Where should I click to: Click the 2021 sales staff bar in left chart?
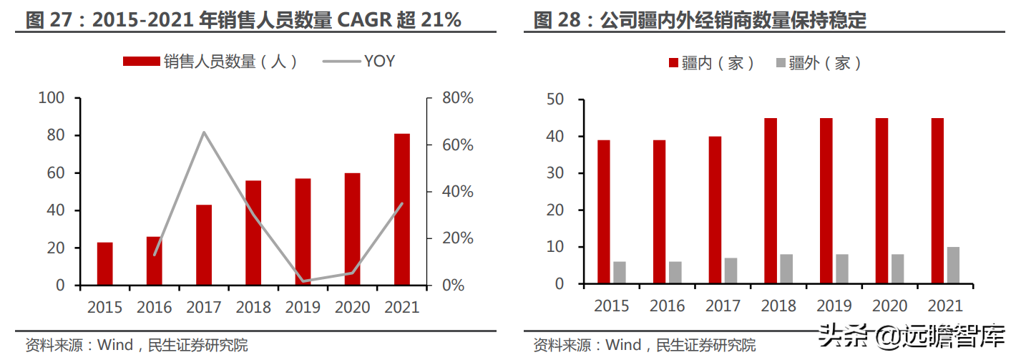click(402, 209)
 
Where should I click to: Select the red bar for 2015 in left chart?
click(105, 263)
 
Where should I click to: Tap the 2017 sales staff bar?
click(204, 245)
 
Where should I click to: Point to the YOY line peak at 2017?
click(204, 132)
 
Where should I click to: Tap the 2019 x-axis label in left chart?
click(303, 307)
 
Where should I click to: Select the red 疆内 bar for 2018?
click(771, 201)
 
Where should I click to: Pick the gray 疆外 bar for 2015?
click(620, 273)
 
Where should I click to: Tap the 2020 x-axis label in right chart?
click(889, 306)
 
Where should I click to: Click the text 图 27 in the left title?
click(45, 20)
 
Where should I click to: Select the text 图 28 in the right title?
click(552, 20)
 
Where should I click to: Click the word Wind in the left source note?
click(115, 345)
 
